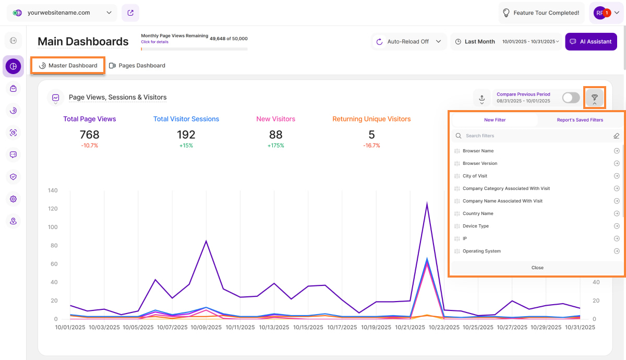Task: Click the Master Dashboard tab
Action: click(68, 66)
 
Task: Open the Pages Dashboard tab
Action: click(137, 66)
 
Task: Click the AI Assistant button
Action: click(591, 42)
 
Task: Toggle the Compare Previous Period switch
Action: click(571, 98)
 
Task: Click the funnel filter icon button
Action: click(594, 98)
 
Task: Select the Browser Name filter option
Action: click(478, 151)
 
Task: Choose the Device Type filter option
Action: click(475, 226)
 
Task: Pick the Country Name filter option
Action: click(478, 213)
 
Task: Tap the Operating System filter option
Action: click(481, 251)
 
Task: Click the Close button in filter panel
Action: click(537, 268)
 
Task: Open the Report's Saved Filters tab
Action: click(579, 120)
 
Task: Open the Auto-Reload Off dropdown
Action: click(408, 42)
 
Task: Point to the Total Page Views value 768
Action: click(90, 135)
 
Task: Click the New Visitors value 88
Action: click(275, 135)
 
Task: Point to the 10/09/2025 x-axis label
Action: click(206, 328)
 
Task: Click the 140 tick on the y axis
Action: click(52, 190)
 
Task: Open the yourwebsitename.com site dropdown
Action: click(63, 13)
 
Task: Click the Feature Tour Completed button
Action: click(540, 13)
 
